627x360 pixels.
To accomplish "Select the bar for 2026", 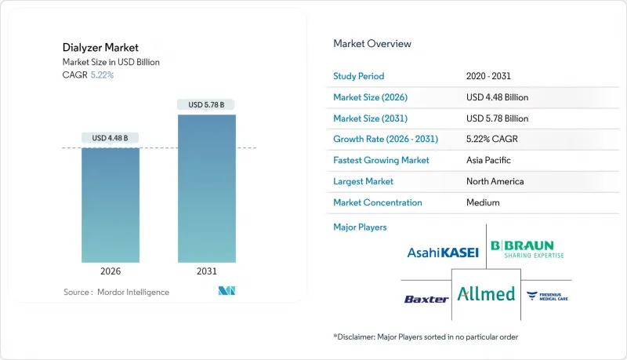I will pos(111,205).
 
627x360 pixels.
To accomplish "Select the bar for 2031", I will pos(207,188).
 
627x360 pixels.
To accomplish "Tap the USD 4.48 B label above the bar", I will pos(111,138).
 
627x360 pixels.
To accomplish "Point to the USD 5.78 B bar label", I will pos(207,104).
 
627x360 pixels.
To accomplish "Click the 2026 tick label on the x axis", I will pos(111,272).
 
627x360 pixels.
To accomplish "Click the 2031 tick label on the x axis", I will pos(207,272).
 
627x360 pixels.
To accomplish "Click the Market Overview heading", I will pos(372,44).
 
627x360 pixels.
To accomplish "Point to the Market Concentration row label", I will pos(378,202).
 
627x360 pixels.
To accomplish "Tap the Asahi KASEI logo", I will pos(443,253).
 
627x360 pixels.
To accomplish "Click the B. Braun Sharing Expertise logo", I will pos(527,249).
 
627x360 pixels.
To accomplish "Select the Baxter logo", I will pos(426,299).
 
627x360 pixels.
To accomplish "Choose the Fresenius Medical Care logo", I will pos(548,296).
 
